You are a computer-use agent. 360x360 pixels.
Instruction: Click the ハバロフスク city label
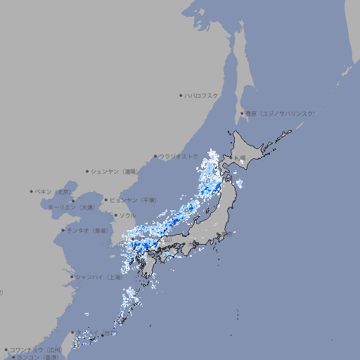pyautogui.click(x=202, y=95)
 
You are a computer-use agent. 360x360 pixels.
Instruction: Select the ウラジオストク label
pyautogui.click(x=179, y=156)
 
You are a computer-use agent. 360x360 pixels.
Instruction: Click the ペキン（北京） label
pyautogui.click(x=54, y=191)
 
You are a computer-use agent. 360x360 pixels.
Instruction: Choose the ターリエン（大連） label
pyautogui.click(x=71, y=207)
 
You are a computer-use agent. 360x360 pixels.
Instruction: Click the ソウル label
pyautogui.click(x=127, y=215)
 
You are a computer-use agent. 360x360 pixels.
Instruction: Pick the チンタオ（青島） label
pyautogui.click(x=87, y=231)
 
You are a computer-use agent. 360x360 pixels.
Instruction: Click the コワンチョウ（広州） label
pyautogui.click(x=35, y=349)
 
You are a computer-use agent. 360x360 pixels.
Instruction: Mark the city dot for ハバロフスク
pyautogui.click(x=180, y=95)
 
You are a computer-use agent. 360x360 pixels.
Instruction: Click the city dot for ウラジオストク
pyautogui.click(x=155, y=157)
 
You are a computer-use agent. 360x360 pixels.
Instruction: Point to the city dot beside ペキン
pyautogui.click(x=32, y=191)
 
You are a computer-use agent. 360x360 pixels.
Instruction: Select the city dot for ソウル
pyautogui.click(x=115, y=215)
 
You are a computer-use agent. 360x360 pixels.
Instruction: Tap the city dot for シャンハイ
pyautogui.click(x=72, y=277)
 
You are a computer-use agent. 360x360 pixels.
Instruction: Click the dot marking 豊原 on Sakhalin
pyautogui.click(x=241, y=113)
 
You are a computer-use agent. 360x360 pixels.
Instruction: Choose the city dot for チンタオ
pyautogui.click(x=63, y=231)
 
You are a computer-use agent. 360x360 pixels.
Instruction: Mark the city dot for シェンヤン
pyautogui.click(x=87, y=171)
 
